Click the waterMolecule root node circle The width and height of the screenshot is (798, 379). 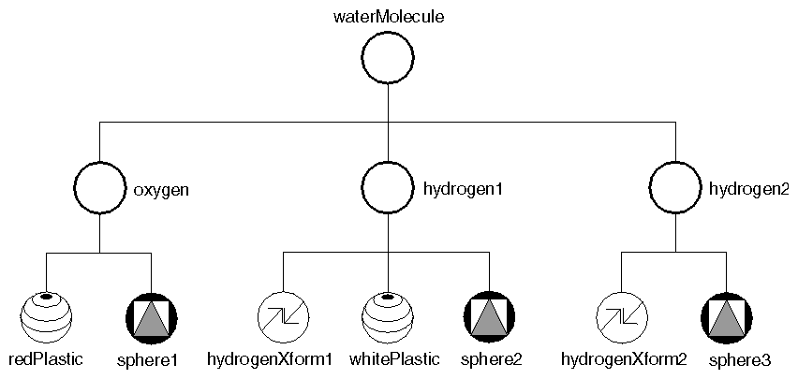pyautogui.click(x=388, y=60)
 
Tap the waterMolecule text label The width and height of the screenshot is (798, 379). pyautogui.click(x=388, y=16)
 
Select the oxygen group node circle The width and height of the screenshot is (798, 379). pyautogui.click(x=99, y=190)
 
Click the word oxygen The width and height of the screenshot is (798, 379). pyautogui.click(x=162, y=190)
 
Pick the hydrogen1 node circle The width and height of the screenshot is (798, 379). pyautogui.click(x=388, y=190)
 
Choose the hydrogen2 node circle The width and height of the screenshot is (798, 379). pyautogui.click(x=676, y=190)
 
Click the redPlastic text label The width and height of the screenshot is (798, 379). pyautogui.click(x=46, y=358)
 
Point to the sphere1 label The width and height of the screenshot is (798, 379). pyautogui.click(x=148, y=358)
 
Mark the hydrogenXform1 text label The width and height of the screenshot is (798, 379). pyautogui.click(x=270, y=358)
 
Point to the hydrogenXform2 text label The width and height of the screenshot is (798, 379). pyautogui.click(x=624, y=358)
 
